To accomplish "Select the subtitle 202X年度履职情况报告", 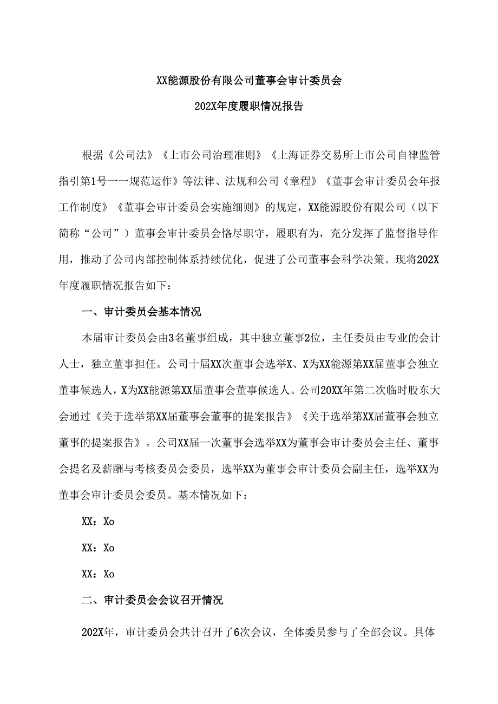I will click(x=249, y=106).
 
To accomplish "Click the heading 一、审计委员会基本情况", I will click(x=141, y=313).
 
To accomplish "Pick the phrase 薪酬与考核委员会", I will click(x=167, y=469).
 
